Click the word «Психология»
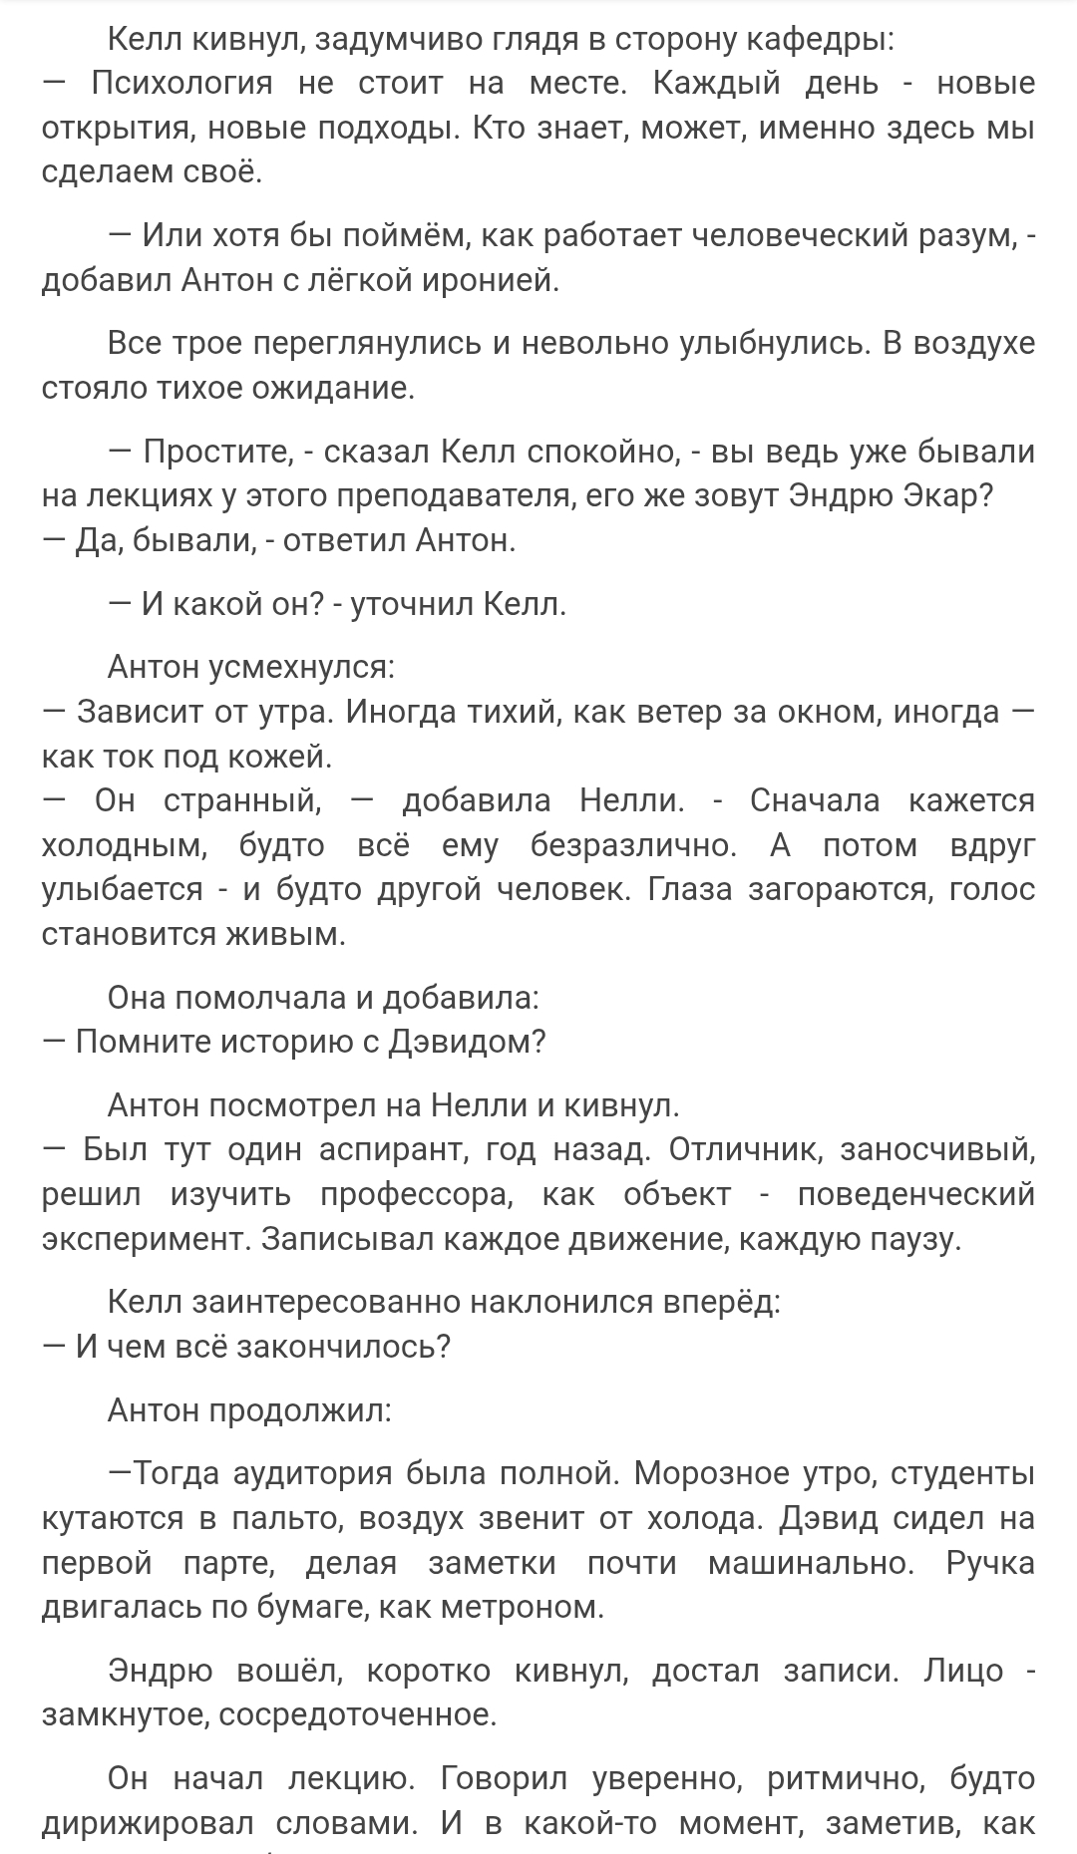click(x=181, y=84)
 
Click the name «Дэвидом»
click(x=467, y=1042)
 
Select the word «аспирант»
click(x=389, y=1150)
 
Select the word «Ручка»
click(x=990, y=1563)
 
